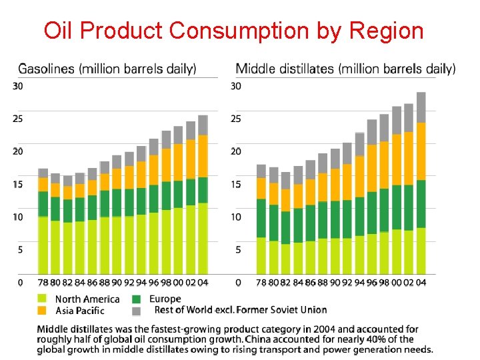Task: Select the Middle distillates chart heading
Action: [346, 68]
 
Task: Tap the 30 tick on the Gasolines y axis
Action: [18, 86]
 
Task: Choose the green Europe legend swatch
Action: [136, 299]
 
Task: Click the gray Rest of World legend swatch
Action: [136, 311]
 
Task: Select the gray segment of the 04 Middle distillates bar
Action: [421, 107]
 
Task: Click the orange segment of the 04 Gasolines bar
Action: [203, 155]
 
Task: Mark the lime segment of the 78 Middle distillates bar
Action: [261, 255]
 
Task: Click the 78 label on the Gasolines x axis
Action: [43, 283]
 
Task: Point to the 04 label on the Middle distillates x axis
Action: [421, 283]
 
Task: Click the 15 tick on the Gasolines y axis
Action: [18, 185]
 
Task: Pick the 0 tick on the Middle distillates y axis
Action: [238, 283]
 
